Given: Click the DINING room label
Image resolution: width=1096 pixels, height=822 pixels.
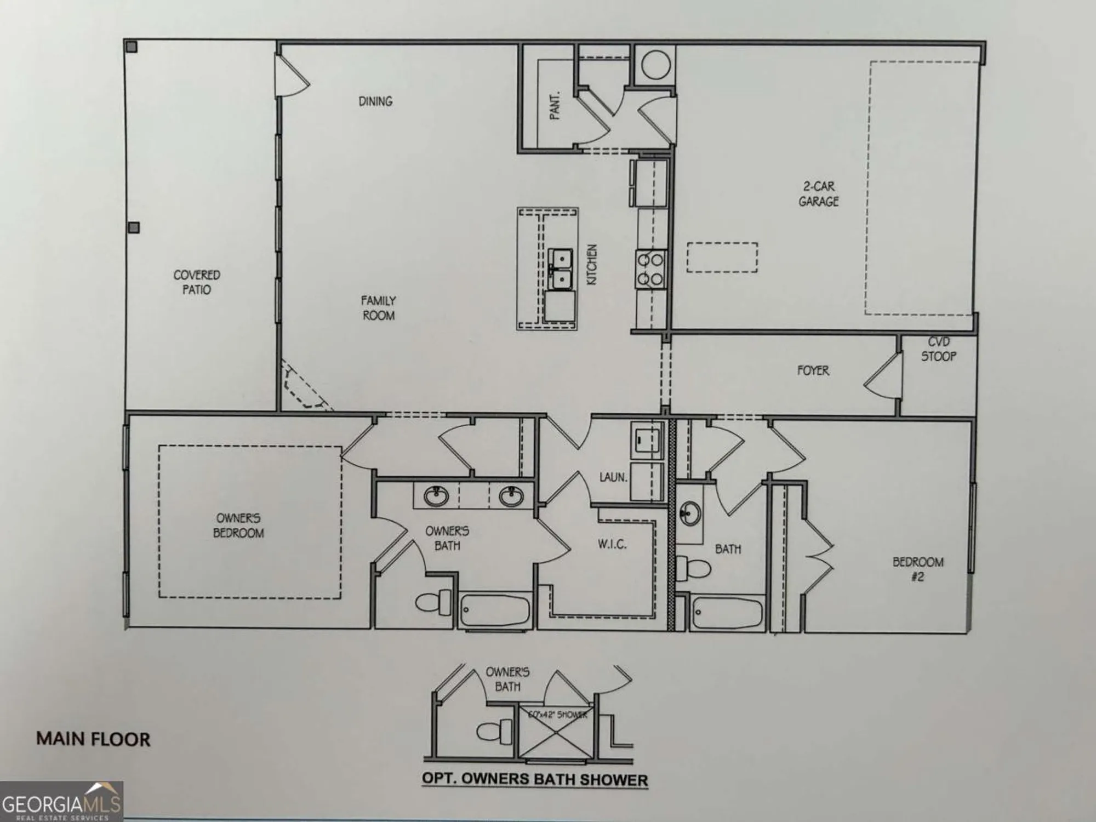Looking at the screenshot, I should click(x=375, y=101).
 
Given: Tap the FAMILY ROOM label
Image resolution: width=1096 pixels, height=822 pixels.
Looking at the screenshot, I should click(x=378, y=308).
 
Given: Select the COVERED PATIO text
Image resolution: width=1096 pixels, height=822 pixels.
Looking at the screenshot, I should click(x=197, y=282).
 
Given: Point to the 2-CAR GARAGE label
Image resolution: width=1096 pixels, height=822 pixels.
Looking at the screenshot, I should click(x=819, y=194).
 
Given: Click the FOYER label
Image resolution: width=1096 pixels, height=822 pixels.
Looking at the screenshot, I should click(x=813, y=371).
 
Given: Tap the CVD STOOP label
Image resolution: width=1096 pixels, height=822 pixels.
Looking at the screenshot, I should click(x=939, y=350).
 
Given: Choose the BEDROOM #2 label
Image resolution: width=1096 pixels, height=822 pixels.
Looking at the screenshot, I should click(x=918, y=569).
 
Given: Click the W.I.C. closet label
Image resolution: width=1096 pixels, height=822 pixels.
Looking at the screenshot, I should click(x=612, y=544).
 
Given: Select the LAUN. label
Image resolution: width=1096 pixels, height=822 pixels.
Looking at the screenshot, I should click(x=613, y=477).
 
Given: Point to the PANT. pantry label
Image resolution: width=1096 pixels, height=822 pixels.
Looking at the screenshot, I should click(x=555, y=105).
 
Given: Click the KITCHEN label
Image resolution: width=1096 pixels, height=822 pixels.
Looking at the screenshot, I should click(x=592, y=264).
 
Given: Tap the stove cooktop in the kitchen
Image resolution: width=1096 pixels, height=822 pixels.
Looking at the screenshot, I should click(x=650, y=269).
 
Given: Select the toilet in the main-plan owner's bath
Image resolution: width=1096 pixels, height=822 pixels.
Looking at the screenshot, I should click(x=433, y=602).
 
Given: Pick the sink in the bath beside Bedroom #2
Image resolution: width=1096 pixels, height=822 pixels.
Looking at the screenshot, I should click(x=689, y=513).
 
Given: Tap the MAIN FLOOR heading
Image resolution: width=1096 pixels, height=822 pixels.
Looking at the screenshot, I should click(x=93, y=739).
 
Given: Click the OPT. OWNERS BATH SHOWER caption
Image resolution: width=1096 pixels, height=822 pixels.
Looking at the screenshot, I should click(x=535, y=779).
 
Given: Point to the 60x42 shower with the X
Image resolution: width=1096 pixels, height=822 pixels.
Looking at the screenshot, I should click(x=555, y=732).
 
